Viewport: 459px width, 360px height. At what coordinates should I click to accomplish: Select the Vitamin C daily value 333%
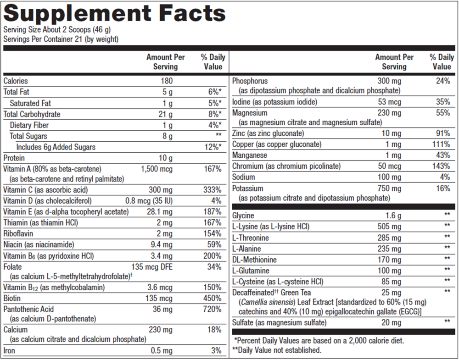tap(213, 189)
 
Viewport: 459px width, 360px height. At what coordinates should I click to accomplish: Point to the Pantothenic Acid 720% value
tap(212, 310)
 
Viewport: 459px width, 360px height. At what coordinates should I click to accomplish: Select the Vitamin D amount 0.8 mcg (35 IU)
tap(149, 200)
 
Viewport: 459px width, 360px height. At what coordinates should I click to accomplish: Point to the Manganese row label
tap(250, 155)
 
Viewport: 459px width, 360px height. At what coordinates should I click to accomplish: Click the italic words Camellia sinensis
tap(267, 302)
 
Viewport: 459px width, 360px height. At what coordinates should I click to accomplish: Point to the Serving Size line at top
tap(57, 30)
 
